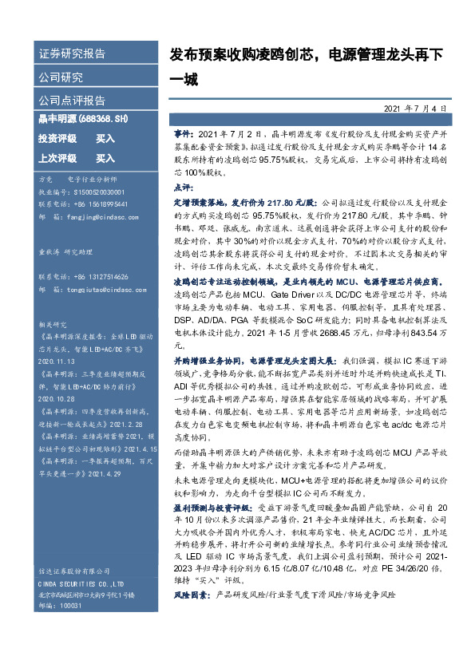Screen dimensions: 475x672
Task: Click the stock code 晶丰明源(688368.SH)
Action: pos(83,119)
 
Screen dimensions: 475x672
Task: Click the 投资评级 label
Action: pos(57,138)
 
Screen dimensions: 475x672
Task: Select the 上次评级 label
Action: pos(57,158)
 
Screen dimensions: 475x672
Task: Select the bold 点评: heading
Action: pos(183,186)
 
